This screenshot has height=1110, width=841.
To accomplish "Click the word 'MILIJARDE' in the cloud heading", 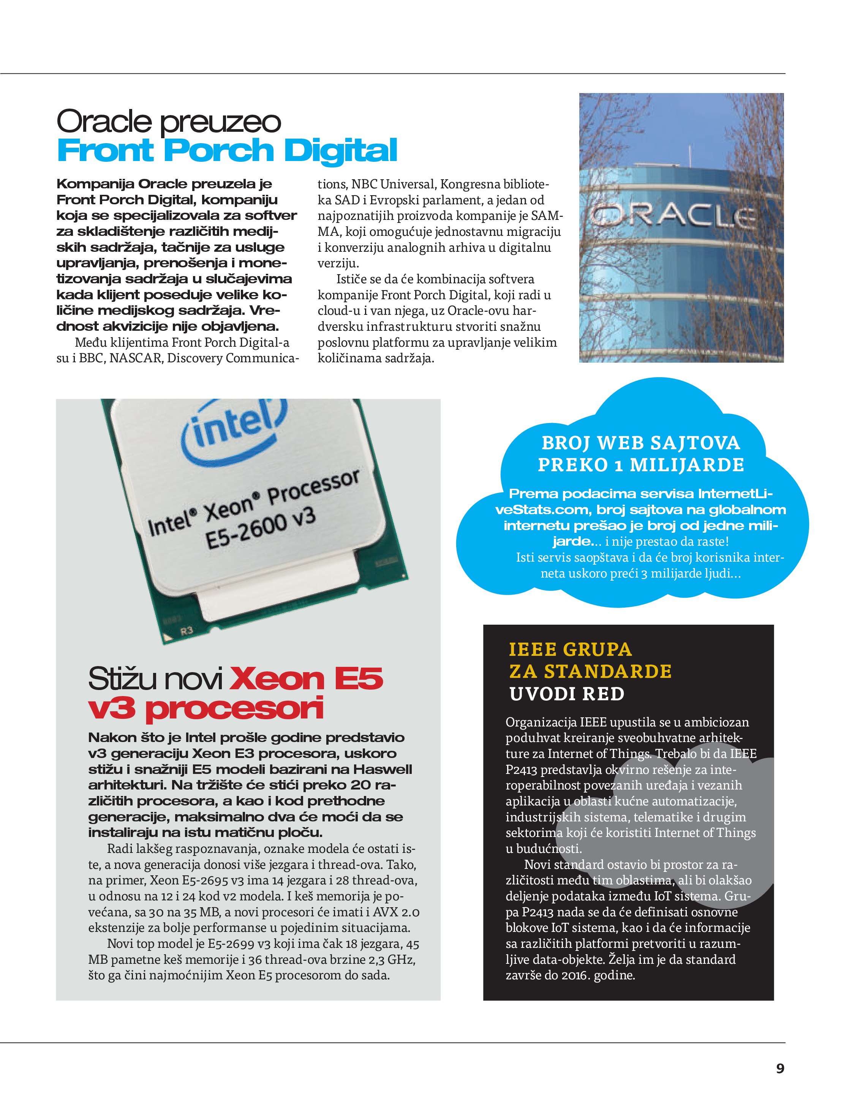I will click(686, 465).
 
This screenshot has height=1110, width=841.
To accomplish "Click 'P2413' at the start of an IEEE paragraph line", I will click(522, 770).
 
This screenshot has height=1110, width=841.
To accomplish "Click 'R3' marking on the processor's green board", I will click(187, 631).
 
